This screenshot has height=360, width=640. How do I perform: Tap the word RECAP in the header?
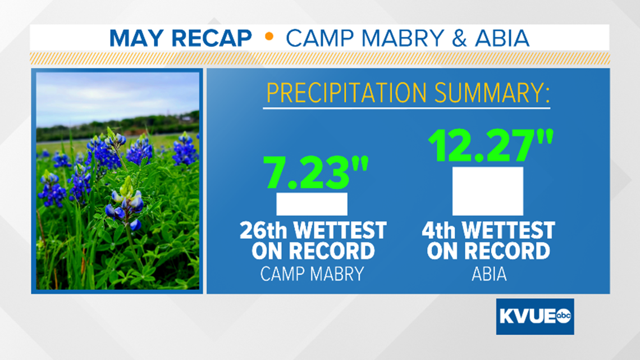click(212, 38)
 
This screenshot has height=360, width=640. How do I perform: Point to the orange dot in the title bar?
click(269, 37)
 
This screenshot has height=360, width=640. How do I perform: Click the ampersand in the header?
click(459, 38)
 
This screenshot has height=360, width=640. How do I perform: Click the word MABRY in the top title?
click(403, 38)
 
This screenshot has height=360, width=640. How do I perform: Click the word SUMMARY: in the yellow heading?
click(492, 93)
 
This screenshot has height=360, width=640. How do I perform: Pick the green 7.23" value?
click(316, 172)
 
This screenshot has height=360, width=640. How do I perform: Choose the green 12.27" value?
click(491, 145)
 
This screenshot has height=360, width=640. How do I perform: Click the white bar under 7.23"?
click(312, 204)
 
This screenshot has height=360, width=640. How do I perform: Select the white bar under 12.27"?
click(488, 191)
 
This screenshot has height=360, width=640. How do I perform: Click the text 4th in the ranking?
click(438, 231)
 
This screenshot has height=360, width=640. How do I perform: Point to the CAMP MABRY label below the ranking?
click(312, 274)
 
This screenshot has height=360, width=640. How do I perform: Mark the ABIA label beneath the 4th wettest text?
click(489, 274)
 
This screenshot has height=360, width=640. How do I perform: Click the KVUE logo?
click(535, 316)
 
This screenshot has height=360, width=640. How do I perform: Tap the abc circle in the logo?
click(563, 316)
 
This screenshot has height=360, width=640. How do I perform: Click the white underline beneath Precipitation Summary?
click(406, 108)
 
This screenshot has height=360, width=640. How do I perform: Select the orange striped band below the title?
click(320, 58)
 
